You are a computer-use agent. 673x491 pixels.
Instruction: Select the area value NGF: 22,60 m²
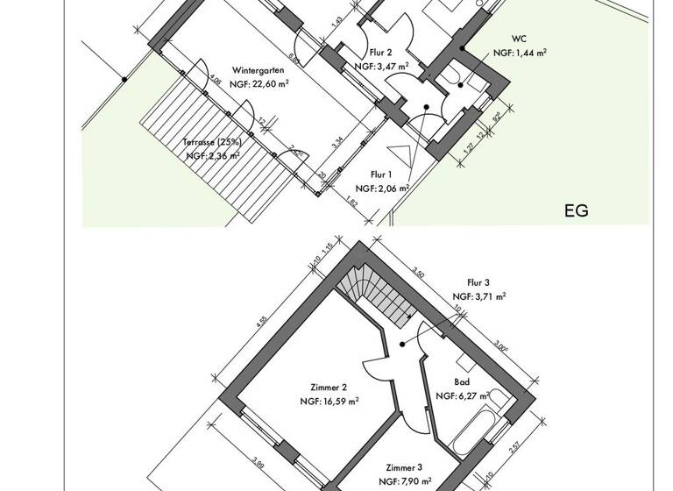pyautogui.click(x=261, y=84)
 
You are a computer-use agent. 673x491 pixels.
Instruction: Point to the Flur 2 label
pyautogui.click(x=380, y=52)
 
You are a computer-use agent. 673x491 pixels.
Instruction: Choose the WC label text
pyautogui.click(x=521, y=39)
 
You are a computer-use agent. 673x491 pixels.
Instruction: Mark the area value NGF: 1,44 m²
pyautogui.click(x=521, y=53)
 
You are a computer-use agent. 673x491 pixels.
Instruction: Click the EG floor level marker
pyautogui.click(x=576, y=210)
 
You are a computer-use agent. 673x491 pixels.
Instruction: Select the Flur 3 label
pyautogui.click(x=478, y=283)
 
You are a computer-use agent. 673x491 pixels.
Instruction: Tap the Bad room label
pyautogui.click(x=462, y=382)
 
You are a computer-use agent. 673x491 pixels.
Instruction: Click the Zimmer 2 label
pyautogui.click(x=329, y=388)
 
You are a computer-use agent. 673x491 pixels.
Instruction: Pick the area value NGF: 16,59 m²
pyautogui.click(x=329, y=402)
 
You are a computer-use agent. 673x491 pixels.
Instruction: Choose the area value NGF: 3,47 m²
pyautogui.click(x=381, y=66)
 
